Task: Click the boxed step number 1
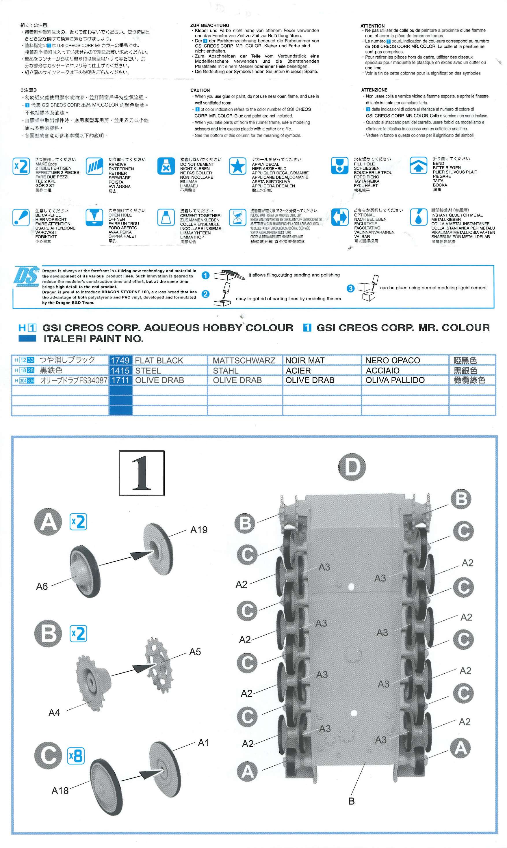(x=142, y=473)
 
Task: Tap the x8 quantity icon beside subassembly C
(x=75, y=756)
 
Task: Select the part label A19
(x=199, y=530)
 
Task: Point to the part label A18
(x=60, y=791)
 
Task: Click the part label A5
(x=195, y=652)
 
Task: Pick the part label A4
(x=54, y=713)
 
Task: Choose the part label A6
(x=42, y=586)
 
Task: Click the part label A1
(x=203, y=743)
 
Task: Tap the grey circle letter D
(x=352, y=467)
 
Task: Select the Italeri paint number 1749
(x=120, y=360)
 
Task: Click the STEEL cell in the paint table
(x=148, y=370)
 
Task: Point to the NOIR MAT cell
(x=305, y=360)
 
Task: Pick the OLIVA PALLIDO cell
(x=395, y=380)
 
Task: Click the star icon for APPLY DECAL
(x=237, y=166)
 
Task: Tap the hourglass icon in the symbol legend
(x=237, y=217)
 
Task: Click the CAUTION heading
(x=200, y=90)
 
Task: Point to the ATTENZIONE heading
(x=374, y=90)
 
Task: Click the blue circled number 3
(x=350, y=288)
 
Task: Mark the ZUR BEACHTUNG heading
(x=210, y=25)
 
